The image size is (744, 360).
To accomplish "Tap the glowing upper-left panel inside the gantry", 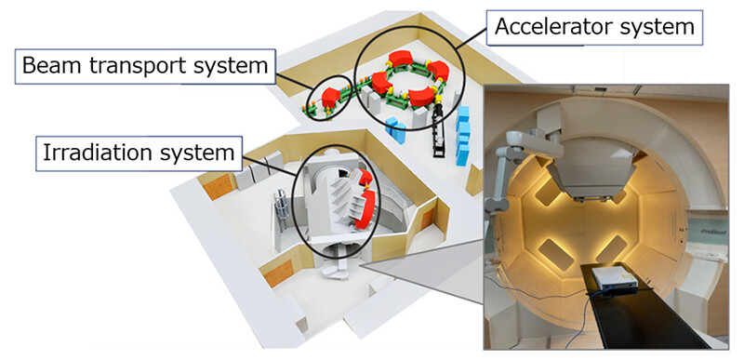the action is click(545, 192).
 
